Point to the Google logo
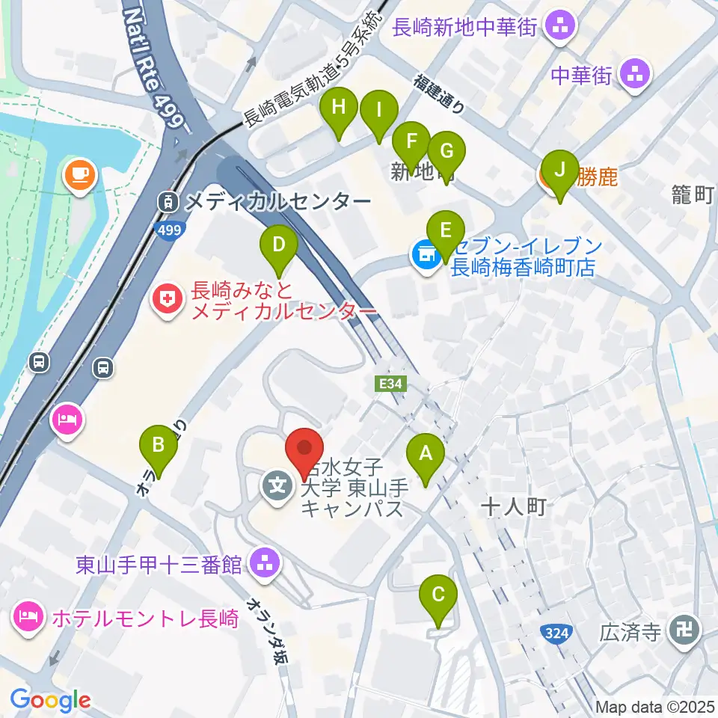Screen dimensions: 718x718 50,700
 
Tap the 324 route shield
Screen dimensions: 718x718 556,633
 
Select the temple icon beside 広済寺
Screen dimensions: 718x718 684,632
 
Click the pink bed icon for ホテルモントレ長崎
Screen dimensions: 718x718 28,618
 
